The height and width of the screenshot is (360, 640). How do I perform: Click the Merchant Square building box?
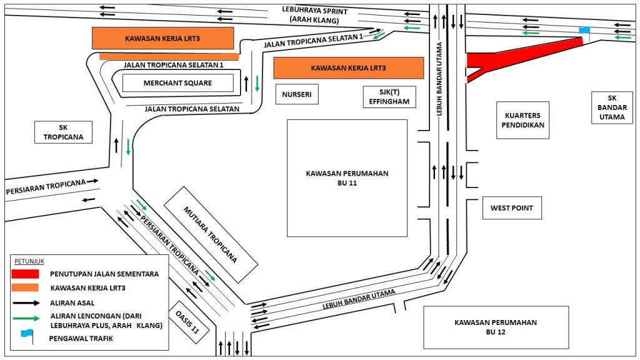point(177,83)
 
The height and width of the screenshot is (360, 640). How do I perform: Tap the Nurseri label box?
point(296,94)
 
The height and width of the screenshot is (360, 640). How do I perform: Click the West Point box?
point(512,208)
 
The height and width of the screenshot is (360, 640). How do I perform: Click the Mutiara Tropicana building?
point(211,234)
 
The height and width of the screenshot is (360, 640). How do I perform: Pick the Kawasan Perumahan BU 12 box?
point(496,327)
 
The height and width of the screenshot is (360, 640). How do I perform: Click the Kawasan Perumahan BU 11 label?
point(347,178)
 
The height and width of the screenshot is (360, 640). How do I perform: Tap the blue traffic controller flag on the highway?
point(584,30)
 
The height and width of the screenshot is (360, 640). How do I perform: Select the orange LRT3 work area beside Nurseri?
point(348,67)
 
